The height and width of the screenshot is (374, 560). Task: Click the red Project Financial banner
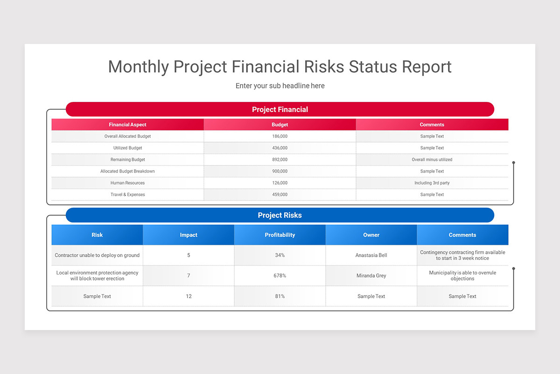pyautogui.click(x=280, y=109)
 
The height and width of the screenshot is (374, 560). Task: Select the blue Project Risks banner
pyautogui.click(x=280, y=215)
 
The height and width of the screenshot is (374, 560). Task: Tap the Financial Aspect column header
pyautogui.click(x=127, y=125)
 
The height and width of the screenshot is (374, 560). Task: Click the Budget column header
pyautogui.click(x=280, y=125)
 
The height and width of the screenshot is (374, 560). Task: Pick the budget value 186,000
pyautogui.click(x=280, y=137)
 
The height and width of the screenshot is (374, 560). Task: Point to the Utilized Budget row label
pyautogui.click(x=127, y=148)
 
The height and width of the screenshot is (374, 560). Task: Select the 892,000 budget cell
pyautogui.click(x=280, y=159)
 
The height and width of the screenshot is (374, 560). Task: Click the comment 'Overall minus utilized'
pyautogui.click(x=432, y=159)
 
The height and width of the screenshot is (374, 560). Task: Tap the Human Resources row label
pyautogui.click(x=127, y=183)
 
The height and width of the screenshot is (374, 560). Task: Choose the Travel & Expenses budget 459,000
pyautogui.click(x=280, y=194)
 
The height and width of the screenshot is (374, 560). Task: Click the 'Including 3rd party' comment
pyautogui.click(x=432, y=183)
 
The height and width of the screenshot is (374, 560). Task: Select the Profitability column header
pyautogui.click(x=280, y=235)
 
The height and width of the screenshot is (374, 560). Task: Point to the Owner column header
pyautogui.click(x=371, y=235)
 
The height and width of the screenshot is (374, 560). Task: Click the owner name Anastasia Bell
pyautogui.click(x=371, y=255)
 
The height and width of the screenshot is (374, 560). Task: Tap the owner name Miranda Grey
pyautogui.click(x=371, y=276)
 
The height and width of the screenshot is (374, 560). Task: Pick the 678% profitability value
pyautogui.click(x=280, y=276)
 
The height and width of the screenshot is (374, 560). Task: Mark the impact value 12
pyautogui.click(x=189, y=296)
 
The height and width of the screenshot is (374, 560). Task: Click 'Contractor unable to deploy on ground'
pyautogui.click(x=97, y=255)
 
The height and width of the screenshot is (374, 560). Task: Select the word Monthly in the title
pyautogui.click(x=139, y=67)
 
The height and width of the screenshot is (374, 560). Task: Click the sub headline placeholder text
pyautogui.click(x=280, y=86)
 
